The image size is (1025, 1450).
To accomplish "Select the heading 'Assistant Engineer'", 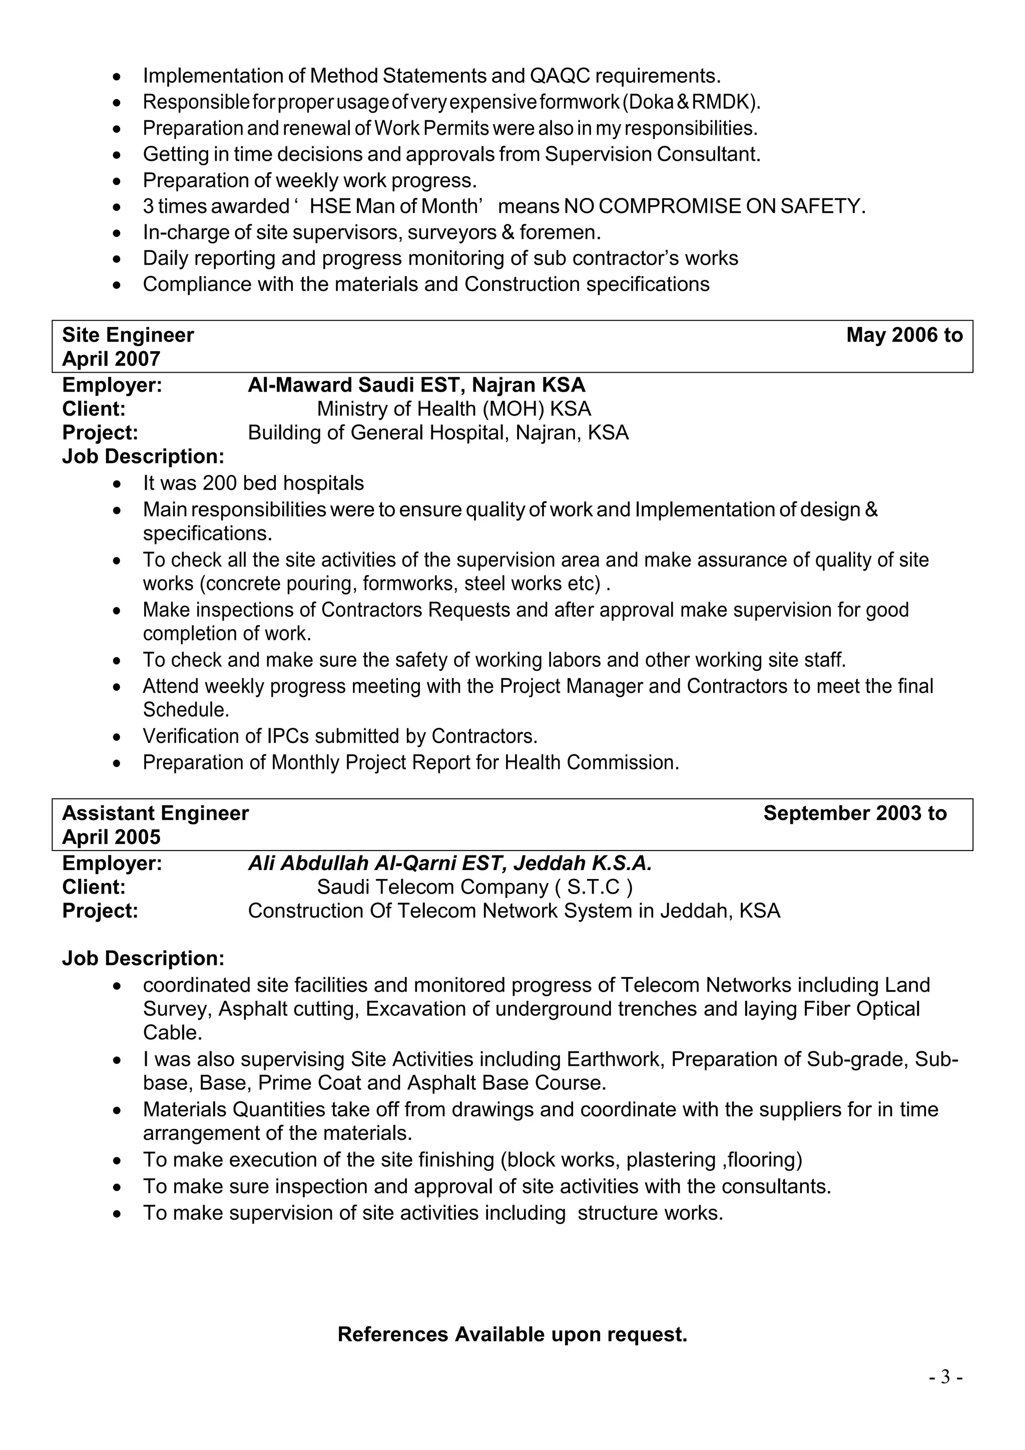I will click(155, 813).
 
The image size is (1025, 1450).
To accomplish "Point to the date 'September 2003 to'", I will click(855, 813).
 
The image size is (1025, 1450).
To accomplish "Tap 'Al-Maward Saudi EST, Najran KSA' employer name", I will click(416, 385).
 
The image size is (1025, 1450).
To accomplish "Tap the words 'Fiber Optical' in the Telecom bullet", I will click(861, 1009).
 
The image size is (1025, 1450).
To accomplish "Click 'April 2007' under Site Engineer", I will click(111, 359).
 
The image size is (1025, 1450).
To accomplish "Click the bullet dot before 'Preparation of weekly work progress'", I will click(117, 181).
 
